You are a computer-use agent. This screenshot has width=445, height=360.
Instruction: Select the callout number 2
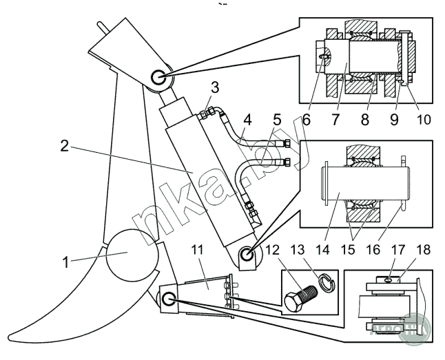pyautogui.click(x=63, y=146)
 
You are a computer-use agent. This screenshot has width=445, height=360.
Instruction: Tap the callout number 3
pyautogui.click(x=215, y=87)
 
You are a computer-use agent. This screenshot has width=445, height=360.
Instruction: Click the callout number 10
pyautogui.click(x=424, y=118)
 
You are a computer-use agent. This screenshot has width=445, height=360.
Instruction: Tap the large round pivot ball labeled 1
pyautogui.click(x=127, y=253)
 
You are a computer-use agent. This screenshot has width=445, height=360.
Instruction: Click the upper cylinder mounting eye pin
pyautogui.click(x=157, y=78)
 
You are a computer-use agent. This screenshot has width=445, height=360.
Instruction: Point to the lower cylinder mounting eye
pyautogui.click(x=248, y=255)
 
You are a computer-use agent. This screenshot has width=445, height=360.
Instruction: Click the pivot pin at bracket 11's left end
pyautogui.click(x=167, y=299)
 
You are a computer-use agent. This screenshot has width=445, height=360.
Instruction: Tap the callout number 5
pyautogui.click(x=276, y=118)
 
